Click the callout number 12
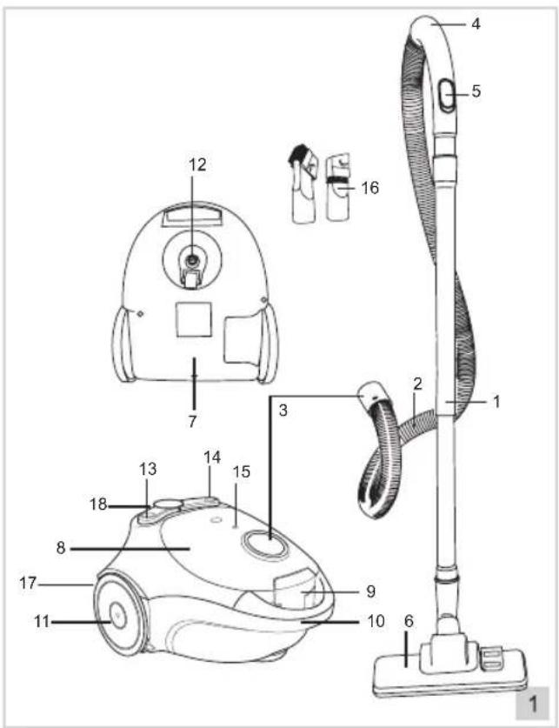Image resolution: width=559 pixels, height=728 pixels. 197,164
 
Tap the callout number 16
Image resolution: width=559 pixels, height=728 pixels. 370,188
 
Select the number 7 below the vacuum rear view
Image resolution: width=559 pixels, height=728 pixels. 192,421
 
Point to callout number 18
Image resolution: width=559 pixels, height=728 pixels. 98,504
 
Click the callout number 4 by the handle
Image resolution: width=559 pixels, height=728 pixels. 476,23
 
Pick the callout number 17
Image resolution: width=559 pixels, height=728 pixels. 28,583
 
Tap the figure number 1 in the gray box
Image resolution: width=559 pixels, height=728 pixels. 533,704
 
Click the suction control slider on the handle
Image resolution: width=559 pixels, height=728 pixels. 447,95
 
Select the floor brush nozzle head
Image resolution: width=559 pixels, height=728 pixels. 449,668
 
